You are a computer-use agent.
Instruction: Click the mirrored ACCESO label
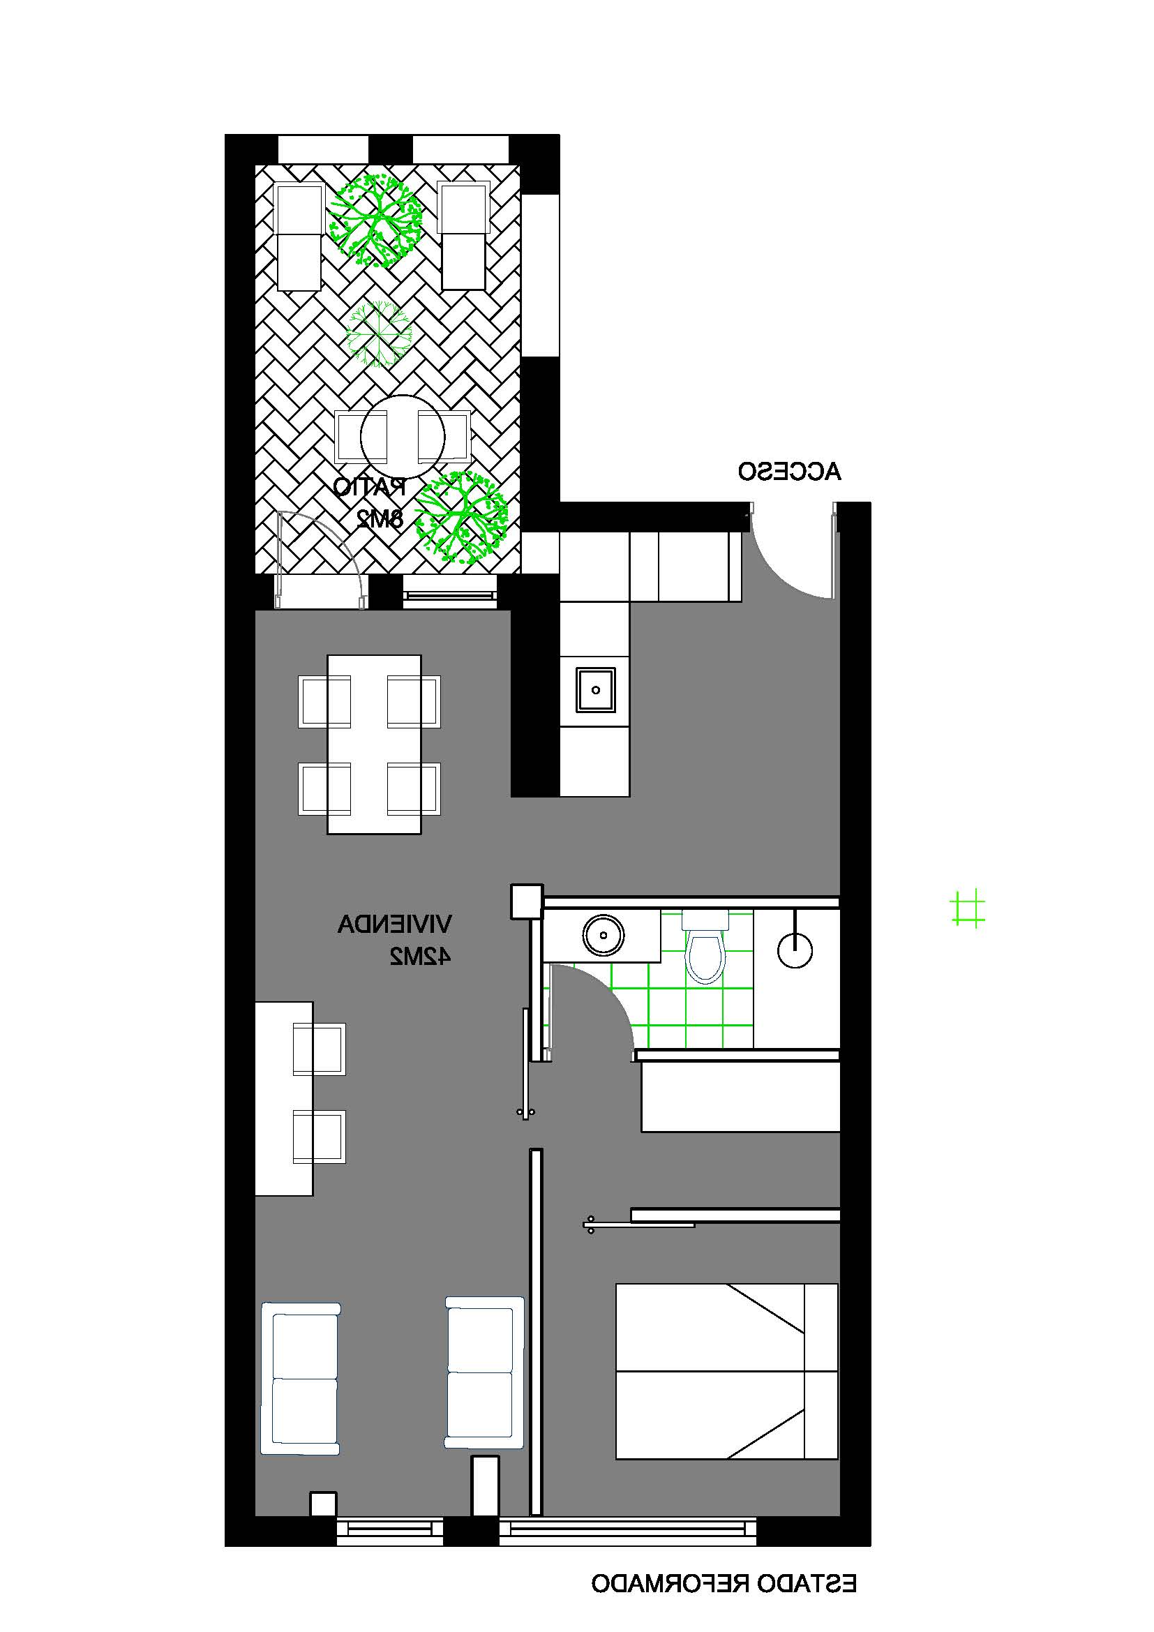[x=789, y=471]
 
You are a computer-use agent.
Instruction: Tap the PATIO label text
[x=370, y=487]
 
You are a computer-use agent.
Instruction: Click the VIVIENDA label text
[x=394, y=924]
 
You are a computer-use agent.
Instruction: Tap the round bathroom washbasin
[x=604, y=935]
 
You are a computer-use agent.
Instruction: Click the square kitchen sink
[x=595, y=689]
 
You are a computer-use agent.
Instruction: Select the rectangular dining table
[x=374, y=744]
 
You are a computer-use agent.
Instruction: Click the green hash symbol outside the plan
[x=968, y=908]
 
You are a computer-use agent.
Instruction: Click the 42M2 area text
[x=419, y=956]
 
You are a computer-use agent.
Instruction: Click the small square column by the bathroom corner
[x=527, y=901]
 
